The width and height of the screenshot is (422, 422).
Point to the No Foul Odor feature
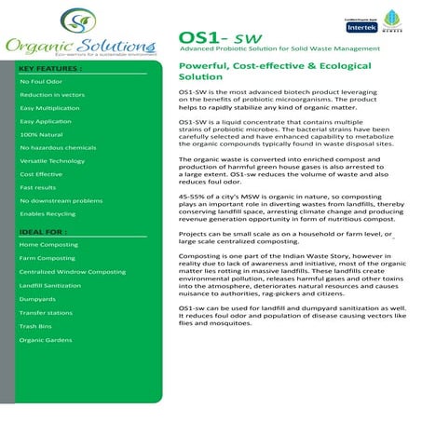click(x=40, y=82)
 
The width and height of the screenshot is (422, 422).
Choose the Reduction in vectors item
click(x=52, y=95)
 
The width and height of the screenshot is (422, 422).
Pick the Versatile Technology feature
click(x=52, y=160)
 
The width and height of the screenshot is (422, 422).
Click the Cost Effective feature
click(x=41, y=173)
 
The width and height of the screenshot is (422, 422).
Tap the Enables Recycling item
click(x=46, y=213)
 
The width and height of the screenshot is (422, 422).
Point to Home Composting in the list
click(x=48, y=244)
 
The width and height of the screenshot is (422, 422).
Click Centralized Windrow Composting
click(x=72, y=271)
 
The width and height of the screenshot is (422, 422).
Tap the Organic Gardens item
click(x=45, y=340)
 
